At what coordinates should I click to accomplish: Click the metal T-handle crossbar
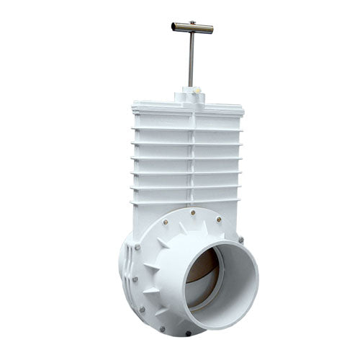pyautogui.click(x=192, y=28)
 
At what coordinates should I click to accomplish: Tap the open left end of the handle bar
pyautogui.click(x=174, y=27)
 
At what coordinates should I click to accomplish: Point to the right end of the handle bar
pyautogui.click(x=211, y=30)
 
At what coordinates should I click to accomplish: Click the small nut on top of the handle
pyautogui.click(x=192, y=23)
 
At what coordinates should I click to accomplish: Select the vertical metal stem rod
pyautogui.click(x=191, y=61)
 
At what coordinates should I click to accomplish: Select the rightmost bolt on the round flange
pyautogui.click(x=240, y=240)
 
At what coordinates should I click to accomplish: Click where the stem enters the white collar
pyautogui.click(x=191, y=87)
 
